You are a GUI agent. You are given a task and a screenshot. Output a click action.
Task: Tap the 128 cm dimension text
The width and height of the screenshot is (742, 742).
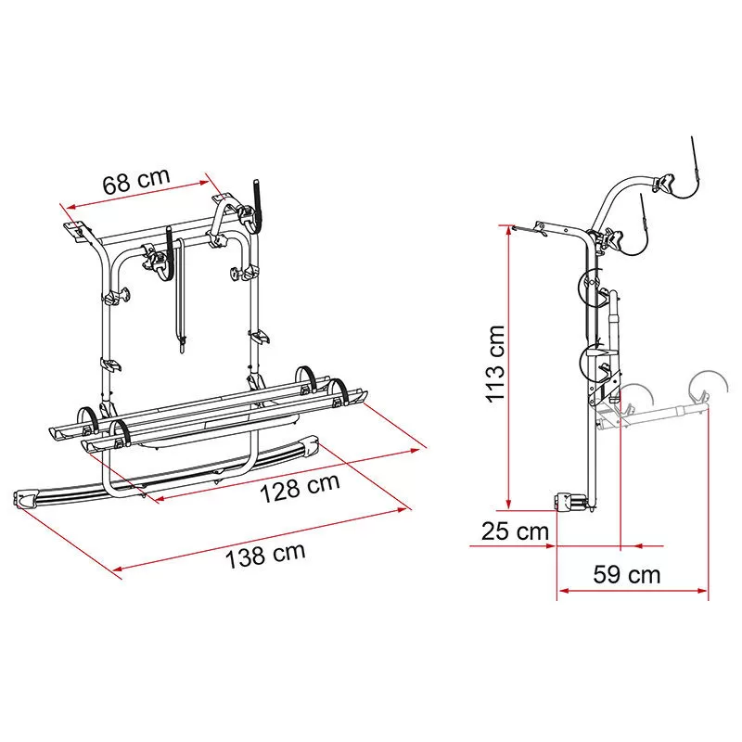tap(300, 488)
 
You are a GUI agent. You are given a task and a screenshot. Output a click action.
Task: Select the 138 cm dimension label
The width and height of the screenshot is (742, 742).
tap(265, 556)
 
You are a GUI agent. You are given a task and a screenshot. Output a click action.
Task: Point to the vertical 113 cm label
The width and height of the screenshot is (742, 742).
tap(495, 364)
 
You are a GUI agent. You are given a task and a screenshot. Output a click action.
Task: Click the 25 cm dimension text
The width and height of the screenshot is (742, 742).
tap(516, 531)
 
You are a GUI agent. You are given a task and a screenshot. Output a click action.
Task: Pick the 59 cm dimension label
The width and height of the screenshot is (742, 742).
tap(627, 574)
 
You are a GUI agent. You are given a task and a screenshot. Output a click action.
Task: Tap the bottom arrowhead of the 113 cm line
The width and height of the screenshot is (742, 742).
tap(508, 505)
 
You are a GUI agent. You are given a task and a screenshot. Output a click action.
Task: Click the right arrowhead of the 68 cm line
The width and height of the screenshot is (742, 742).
tap(203, 182)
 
